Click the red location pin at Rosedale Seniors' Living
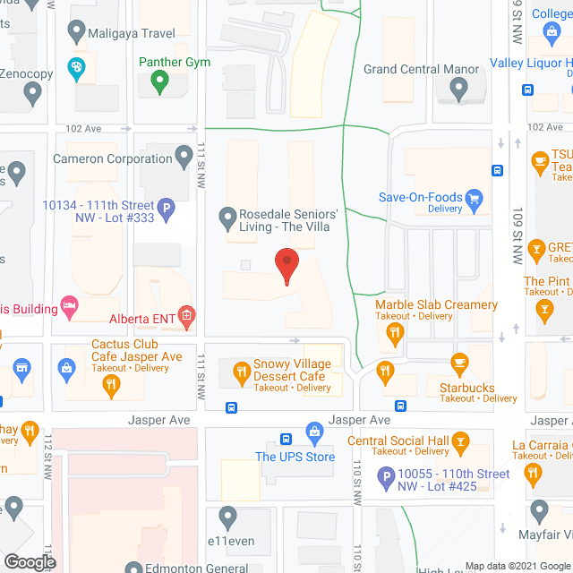pos(286,266)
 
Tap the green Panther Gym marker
pos(160,82)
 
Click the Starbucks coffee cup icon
pos(459,363)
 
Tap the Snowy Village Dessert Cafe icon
pos(241,370)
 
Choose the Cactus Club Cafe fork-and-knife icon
pos(110,385)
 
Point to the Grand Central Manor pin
pos(458,88)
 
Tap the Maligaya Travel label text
pos(132,34)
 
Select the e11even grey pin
pos(227,517)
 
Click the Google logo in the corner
pos(30,561)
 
